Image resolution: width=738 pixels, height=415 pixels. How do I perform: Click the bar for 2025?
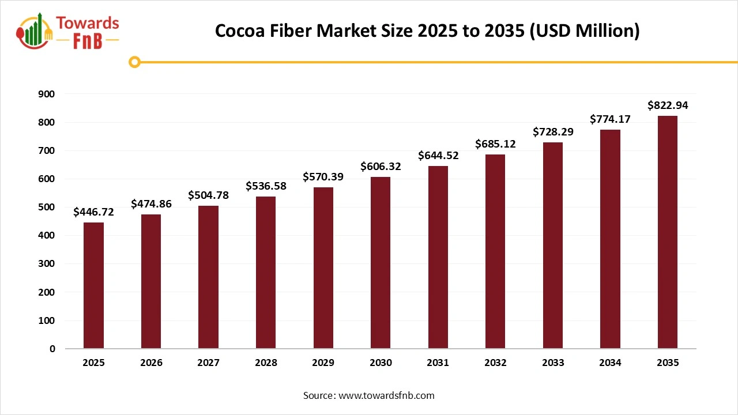point(93,285)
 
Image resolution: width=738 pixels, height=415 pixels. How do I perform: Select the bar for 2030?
point(381,263)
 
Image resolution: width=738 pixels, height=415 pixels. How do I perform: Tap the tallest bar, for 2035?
point(668,232)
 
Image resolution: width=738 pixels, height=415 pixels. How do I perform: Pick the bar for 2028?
point(266,273)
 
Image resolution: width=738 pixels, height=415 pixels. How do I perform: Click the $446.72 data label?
point(93,212)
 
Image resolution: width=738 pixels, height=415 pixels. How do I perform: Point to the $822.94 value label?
point(668,105)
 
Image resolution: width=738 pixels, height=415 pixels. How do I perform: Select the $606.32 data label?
point(381,167)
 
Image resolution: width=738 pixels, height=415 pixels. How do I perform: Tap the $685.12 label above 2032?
point(495,144)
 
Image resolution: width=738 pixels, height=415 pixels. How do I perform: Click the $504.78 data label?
point(208,195)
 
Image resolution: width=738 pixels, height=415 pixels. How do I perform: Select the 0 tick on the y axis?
point(52,349)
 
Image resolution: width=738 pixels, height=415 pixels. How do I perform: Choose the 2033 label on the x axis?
point(553,363)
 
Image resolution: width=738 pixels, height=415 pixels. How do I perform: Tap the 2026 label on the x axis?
point(151,363)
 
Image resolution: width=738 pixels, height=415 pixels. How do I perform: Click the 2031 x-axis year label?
point(438,363)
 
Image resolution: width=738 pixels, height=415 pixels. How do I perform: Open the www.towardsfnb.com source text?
point(386,395)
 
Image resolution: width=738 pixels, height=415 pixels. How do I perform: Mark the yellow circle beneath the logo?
point(134,62)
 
